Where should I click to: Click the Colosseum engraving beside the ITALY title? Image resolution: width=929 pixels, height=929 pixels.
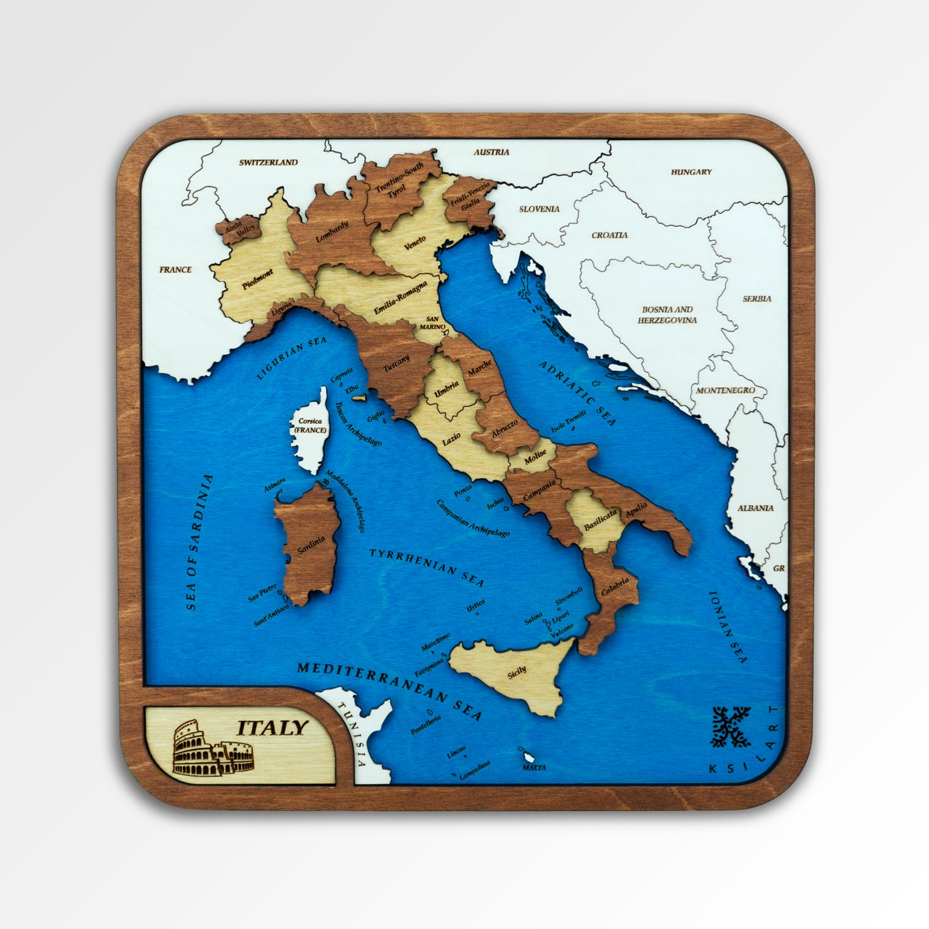[x=212, y=750]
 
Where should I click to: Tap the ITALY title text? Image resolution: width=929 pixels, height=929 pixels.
[x=273, y=727]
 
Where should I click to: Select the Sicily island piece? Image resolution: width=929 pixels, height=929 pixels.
[x=518, y=674]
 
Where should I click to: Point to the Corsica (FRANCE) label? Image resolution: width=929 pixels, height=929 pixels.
[x=311, y=425]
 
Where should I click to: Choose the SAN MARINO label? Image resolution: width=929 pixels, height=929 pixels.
[x=432, y=322]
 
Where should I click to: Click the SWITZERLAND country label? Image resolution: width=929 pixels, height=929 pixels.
[x=268, y=162]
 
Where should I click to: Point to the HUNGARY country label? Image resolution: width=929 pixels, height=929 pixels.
[x=691, y=172]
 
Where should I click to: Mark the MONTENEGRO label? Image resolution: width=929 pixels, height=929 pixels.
[x=725, y=390]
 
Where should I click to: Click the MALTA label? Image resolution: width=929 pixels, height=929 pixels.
[x=534, y=767]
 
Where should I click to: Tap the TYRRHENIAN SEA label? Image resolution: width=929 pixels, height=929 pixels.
[x=427, y=566]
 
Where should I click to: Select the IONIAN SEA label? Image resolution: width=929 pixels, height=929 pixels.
[x=728, y=626]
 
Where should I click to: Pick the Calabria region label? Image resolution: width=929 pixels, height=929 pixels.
[x=614, y=587]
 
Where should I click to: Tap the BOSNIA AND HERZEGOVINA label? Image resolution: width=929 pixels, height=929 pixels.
[x=668, y=315]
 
